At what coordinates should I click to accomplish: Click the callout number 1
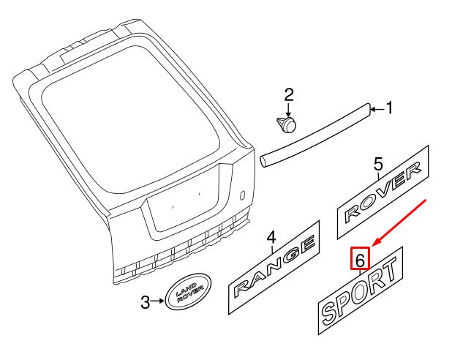coord(389,108)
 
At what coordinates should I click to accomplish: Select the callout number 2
coord(289,95)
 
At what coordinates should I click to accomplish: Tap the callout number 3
coord(146,302)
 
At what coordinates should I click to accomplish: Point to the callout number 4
coord(271,238)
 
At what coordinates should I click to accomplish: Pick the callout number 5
coord(378,164)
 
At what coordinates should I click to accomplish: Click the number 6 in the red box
coord(360,260)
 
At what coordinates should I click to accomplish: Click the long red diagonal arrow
coord(399,222)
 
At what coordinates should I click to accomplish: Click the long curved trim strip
coord(315,135)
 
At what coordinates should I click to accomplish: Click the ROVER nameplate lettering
coord(383,192)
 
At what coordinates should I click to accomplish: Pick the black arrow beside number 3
coord(157,301)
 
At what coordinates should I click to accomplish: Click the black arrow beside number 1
coord(377,109)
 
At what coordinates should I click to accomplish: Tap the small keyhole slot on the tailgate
coord(242,195)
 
